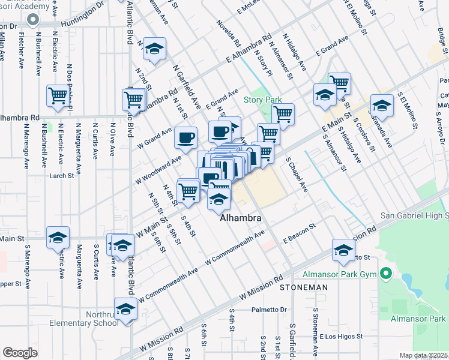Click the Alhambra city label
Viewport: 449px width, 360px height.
[x=241, y=218]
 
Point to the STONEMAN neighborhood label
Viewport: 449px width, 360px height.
[x=304, y=287]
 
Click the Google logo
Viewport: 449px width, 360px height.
[x=20, y=353]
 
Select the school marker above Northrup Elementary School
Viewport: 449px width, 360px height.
[x=126, y=308]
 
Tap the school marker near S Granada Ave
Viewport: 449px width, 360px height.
[x=382, y=106]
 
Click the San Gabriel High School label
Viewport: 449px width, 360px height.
[x=415, y=215]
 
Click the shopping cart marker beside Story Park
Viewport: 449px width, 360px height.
[x=283, y=114]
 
